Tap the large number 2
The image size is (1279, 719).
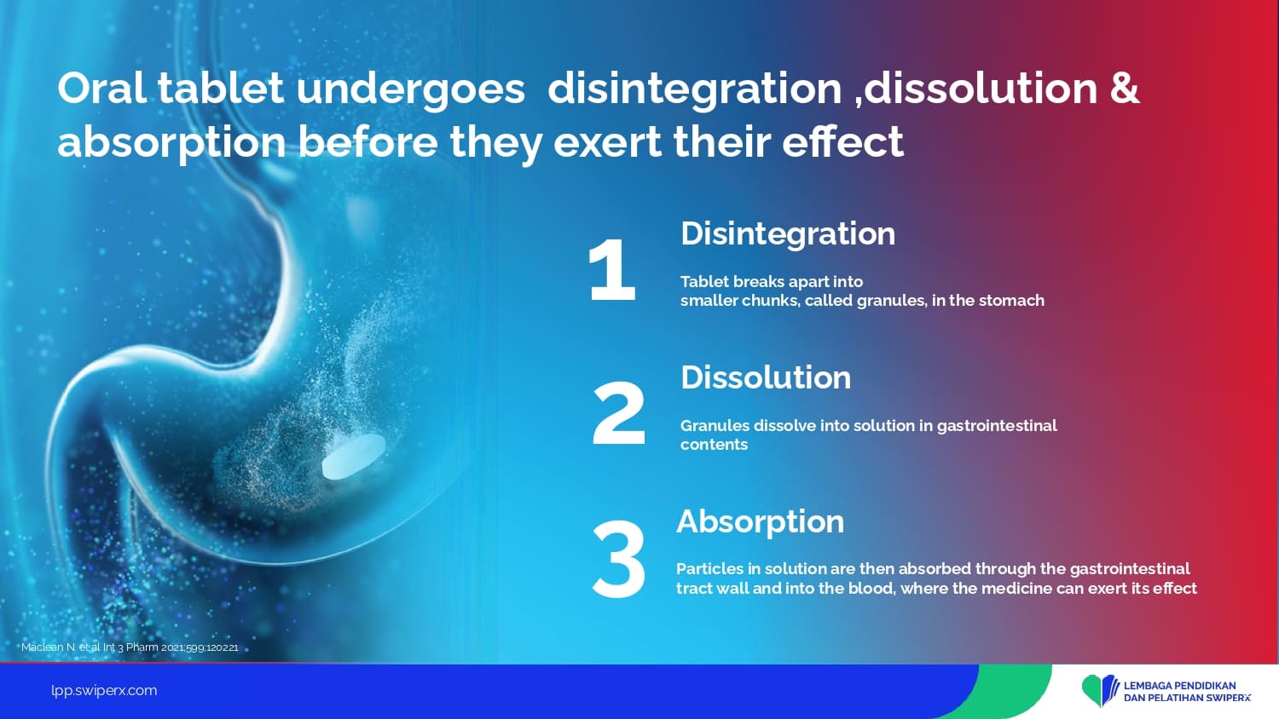(x=619, y=413)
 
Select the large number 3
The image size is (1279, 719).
(x=619, y=559)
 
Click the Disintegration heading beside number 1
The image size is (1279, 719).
(x=787, y=233)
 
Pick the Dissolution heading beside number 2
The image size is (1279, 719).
(x=765, y=377)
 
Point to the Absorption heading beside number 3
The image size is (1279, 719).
(x=760, y=522)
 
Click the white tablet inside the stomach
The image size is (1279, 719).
(x=354, y=456)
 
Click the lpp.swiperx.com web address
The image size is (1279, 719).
(x=104, y=691)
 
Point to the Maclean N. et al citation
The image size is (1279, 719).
(x=130, y=647)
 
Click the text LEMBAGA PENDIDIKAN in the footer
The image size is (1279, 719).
(x=1179, y=685)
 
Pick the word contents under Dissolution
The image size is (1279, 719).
(x=714, y=445)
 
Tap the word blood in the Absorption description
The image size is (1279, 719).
(x=871, y=588)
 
